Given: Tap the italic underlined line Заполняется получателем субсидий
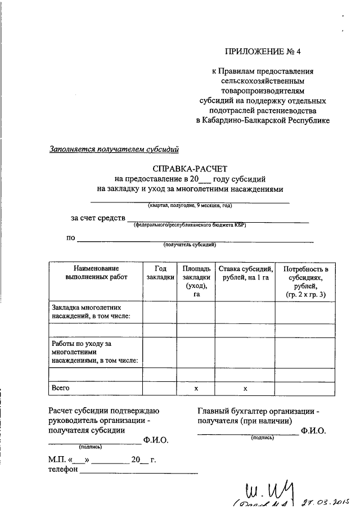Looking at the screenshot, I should [114, 149].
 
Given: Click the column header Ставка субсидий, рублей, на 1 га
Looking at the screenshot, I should [245, 273].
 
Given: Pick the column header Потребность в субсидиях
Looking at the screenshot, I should [305, 281].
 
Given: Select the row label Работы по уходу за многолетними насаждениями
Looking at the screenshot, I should [94, 352].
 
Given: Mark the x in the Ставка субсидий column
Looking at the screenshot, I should [245, 388].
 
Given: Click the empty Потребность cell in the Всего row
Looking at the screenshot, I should [305, 388].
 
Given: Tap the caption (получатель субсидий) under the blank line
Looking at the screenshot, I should [190, 245].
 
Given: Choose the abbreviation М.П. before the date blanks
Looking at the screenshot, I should [58, 460].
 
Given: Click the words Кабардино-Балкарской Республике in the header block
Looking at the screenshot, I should [263, 120].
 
